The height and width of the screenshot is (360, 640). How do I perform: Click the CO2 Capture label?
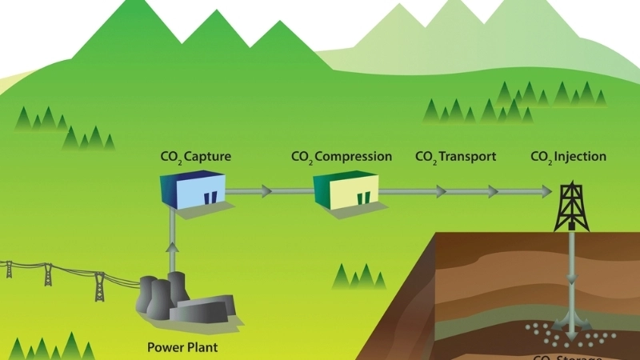pos(196,157)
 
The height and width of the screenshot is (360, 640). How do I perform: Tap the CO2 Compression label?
pos(342,157)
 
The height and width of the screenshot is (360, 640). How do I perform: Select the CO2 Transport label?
pos(456,157)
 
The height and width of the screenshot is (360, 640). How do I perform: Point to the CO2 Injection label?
pos(569,157)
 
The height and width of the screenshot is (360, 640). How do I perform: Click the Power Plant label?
pos(182,347)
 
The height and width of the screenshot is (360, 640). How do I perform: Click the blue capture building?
pos(193,193)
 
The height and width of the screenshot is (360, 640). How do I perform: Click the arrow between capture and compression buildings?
pos(265,192)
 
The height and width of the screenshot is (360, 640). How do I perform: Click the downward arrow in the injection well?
pos(571,285)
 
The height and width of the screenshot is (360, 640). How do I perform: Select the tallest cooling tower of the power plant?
pos(152,297)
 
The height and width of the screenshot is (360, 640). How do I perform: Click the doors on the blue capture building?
pos(210,198)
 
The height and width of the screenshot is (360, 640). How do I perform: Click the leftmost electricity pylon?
pos(9,269)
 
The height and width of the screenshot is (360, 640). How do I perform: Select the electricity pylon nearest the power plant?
pos(99,286)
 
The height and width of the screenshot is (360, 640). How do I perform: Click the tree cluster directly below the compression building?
pos(358,277)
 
